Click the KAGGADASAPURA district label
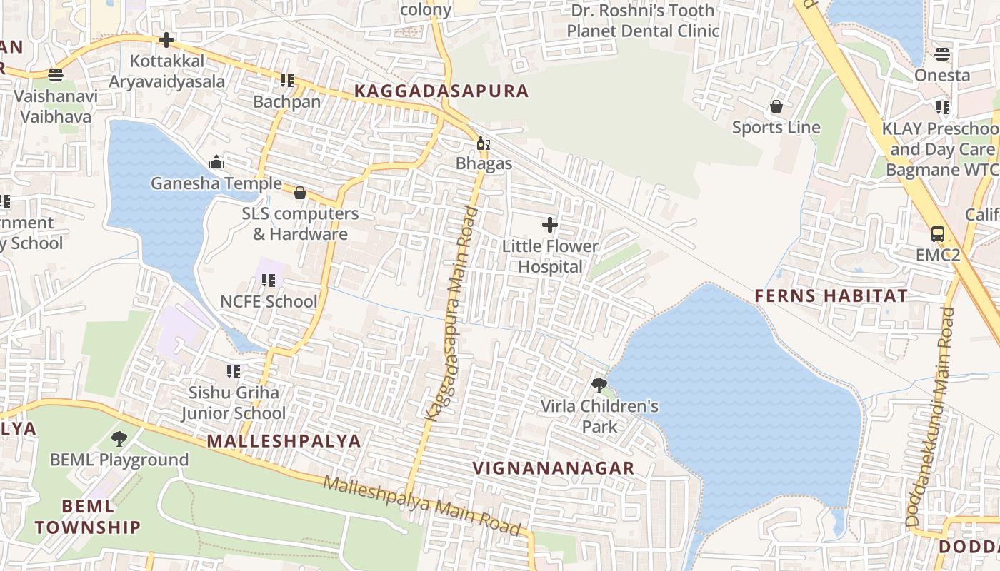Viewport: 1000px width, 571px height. [441, 91]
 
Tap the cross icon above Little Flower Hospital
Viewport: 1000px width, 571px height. [549, 226]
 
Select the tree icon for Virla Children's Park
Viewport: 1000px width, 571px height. [599, 385]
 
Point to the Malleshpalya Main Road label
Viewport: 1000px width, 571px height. [421, 506]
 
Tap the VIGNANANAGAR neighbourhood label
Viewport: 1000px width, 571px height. [554, 468]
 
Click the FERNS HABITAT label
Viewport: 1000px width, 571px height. [831, 296]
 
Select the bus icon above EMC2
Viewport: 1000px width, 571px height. [937, 234]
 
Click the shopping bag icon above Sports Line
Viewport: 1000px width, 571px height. [776, 107]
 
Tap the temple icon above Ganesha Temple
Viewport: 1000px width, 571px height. [216, 163]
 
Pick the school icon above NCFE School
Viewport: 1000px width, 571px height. [268, 281]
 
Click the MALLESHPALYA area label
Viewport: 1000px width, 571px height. [284, 441]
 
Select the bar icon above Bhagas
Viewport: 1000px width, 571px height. [483, 143]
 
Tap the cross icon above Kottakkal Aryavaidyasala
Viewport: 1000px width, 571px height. [166, 40]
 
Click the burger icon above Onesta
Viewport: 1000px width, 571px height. [941, 54]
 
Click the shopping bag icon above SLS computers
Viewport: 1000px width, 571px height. [300, 193]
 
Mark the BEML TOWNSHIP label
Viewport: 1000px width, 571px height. [88, 517]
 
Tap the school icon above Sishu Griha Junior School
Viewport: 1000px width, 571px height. [233, 372]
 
